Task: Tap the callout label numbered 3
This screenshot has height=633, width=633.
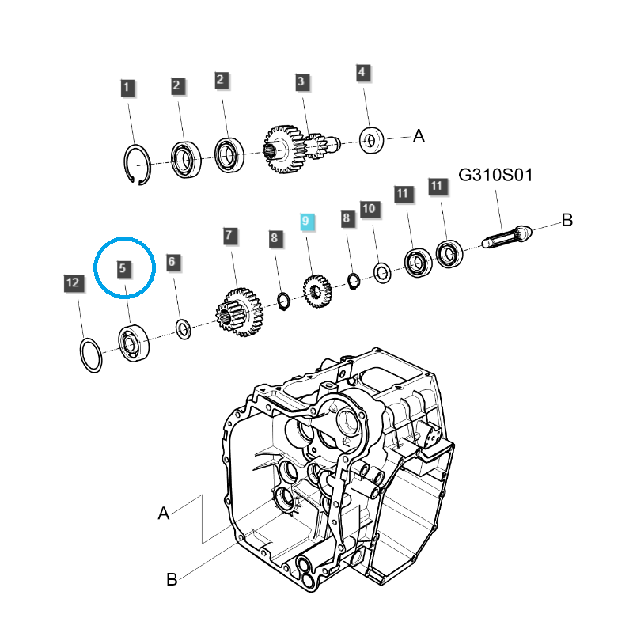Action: (x=301, y=81)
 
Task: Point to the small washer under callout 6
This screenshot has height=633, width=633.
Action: (x=183, y=328)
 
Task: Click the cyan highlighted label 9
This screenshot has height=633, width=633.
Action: (x=307, y=222)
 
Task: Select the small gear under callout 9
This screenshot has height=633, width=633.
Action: (x=317, y=290)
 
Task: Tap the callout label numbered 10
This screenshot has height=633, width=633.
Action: (x=369, y=209)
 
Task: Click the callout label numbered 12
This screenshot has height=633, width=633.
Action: (x=73, y=282)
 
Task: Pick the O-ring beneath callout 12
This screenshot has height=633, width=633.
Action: (x=90, y=354)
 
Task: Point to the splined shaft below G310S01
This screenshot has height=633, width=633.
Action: (x=506, y=237)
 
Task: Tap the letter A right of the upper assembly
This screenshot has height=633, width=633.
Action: (x=419, y=137)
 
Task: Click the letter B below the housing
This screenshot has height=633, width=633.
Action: (x=172, y=580)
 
